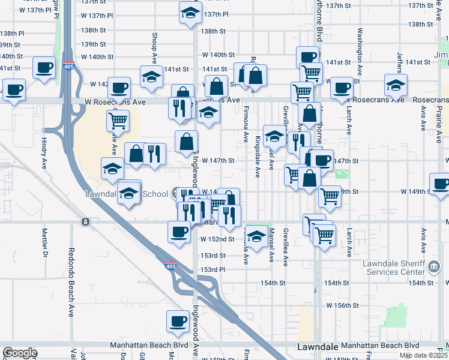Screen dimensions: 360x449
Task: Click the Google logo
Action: click(20, 353)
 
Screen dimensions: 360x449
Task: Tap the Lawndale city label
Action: click(318, 347)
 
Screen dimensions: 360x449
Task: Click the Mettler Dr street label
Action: click(44, 242)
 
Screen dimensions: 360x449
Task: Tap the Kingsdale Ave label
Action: click(258, 156)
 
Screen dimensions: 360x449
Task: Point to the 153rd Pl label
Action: click(212, 269)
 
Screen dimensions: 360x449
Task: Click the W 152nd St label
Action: click(217, 239)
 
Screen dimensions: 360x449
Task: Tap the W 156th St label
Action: click(342, 305)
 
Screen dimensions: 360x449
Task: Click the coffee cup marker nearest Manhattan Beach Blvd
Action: click(178, 322)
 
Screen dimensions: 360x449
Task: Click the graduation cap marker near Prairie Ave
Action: click(396, 85)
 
